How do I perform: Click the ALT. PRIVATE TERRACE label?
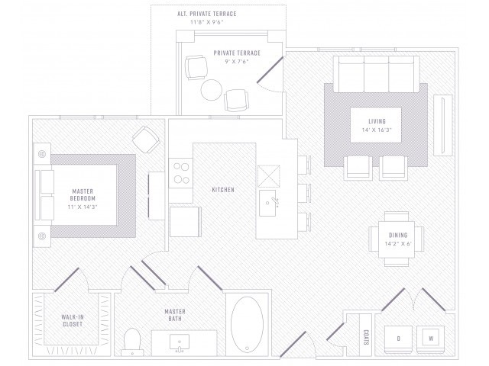coord(207,14)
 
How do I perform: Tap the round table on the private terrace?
coord(212,90)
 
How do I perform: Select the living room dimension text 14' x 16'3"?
coord(377,130)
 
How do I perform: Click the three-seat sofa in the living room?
coord(377,74)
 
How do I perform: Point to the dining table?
coord(397,239)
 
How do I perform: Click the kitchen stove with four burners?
coord(181,173)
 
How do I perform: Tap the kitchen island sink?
coord(267,203)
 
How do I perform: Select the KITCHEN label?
coord(223,190)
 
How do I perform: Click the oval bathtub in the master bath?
coord(247,325)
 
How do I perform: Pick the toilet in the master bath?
coord(132,342)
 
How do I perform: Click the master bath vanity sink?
coord(180,342)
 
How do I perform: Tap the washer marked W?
coord(431,339)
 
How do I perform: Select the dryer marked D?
coord(398,339)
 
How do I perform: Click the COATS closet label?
coord(366,337)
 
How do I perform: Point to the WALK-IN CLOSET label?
coord(73,320)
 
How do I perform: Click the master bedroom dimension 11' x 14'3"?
coord(83,207)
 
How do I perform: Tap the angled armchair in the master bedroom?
coord(146,140)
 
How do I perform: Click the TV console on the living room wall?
coord(443,125)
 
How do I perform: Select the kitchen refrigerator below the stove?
coord(185,221)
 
